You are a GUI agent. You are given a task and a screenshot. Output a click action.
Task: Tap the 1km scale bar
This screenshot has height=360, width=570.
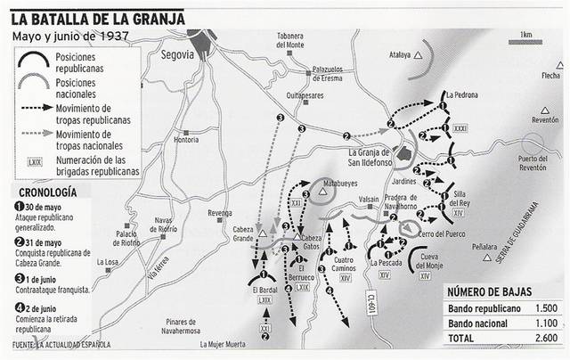[526, 43]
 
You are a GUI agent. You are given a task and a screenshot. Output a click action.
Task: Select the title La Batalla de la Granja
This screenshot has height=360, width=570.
[105, 12]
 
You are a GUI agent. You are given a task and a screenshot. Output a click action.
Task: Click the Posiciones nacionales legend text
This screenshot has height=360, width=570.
[85, 87]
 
